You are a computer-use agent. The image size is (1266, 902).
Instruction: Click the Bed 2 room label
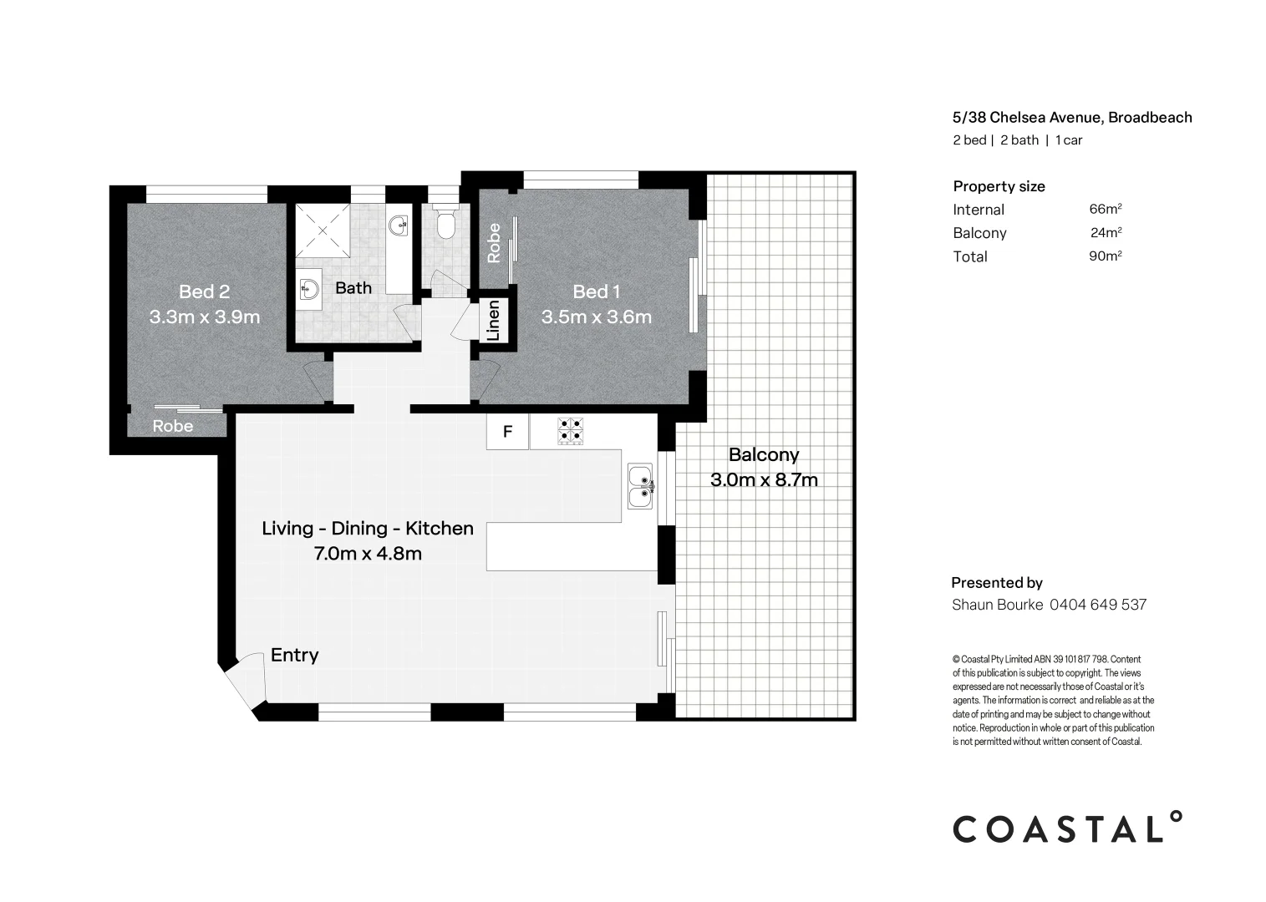(204, 291)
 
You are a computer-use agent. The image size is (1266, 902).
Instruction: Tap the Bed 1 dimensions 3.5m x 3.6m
(596, 317)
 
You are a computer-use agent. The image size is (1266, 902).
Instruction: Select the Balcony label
(763, 455)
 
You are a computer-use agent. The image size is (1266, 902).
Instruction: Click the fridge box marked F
(507, 433)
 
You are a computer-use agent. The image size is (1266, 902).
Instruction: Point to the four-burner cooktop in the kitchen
(572, 430)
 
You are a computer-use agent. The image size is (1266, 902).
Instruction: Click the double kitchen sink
(640, 487)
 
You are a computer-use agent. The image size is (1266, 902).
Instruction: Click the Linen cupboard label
(493, 321)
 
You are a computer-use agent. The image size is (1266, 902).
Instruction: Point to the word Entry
(294, 656)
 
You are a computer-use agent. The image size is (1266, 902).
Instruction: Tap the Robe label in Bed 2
(172, 427)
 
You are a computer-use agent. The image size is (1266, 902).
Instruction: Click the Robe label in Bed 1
(494, 242)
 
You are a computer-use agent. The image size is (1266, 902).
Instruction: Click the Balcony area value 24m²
(1105, 233)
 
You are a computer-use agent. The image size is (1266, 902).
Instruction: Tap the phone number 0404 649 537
(1097, 605)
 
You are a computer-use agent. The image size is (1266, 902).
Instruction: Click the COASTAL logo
(1068, 829)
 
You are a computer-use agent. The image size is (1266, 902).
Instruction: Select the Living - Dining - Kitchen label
(368, 529)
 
